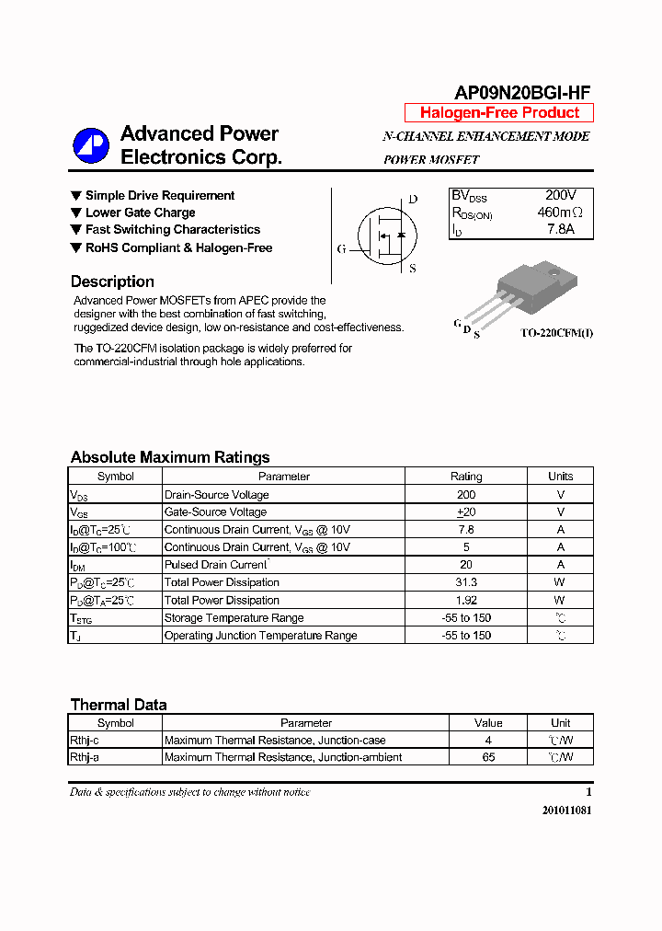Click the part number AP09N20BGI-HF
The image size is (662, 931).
522,91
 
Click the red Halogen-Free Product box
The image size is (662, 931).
499,113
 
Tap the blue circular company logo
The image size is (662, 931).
91,144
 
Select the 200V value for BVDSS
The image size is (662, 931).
560,196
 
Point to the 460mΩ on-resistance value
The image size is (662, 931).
560,213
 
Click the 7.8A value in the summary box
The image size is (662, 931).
560,229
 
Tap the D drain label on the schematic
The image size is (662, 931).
413,200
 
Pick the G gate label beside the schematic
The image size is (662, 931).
341,248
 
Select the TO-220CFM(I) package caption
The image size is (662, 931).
556,333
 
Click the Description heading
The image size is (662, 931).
112,282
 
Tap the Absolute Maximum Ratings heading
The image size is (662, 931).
170,457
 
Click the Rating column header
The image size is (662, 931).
465,477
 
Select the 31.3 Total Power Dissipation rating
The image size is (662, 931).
465,582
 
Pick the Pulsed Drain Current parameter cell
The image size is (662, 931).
216,565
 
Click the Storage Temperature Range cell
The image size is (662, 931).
234,618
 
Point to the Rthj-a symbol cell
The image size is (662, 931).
85,757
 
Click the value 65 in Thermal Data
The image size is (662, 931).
488,757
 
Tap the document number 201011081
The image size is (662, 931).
566,810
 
